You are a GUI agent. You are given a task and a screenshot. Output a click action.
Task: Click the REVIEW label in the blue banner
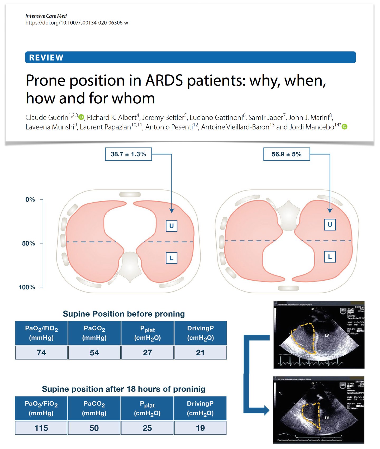(46, 58)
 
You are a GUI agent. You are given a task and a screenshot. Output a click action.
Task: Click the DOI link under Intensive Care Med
(77, 23)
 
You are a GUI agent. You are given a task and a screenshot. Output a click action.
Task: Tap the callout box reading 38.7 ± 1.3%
(128, 154)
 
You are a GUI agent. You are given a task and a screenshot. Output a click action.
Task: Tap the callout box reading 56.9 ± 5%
(286, 154)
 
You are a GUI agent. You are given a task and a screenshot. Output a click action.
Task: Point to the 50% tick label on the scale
(28, 243)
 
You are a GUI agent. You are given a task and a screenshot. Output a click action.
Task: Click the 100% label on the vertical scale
(27, 287)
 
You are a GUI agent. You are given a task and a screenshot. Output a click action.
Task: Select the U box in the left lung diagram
(171, 226)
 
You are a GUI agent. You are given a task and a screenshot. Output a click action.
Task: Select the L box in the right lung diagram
(330, 257)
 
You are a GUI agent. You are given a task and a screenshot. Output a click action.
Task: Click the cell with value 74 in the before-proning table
(41, 352)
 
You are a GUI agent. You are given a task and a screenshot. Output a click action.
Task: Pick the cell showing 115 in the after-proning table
(41, 428)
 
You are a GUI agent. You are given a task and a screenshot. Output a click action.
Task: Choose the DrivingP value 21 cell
(200, 352)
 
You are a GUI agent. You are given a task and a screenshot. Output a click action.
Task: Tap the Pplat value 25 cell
(147, 428)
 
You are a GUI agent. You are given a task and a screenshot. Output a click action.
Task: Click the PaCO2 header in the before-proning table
(94, 333)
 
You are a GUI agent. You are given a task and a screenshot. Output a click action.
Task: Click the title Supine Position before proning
(123, 314)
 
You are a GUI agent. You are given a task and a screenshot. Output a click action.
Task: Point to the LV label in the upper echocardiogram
(327, 335)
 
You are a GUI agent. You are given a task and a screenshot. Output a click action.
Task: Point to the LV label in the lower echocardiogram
(327, 418)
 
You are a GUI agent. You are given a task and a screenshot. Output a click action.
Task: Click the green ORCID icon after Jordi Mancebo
(345, 127)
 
